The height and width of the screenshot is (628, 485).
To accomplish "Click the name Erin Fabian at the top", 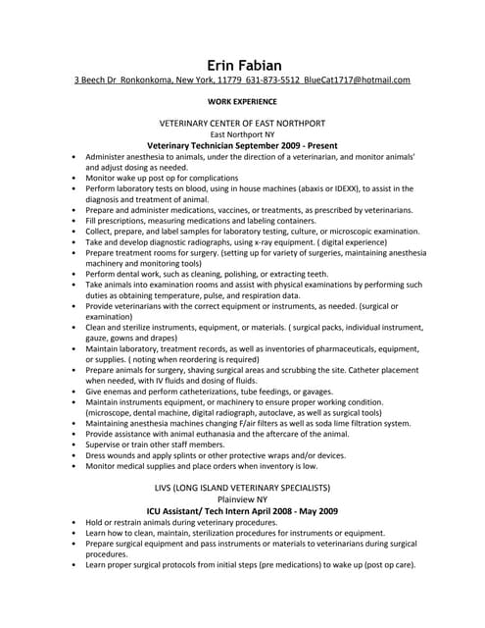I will pyautogui.click(x=242, y=65).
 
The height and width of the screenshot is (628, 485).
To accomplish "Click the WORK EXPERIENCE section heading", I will pyautogui.click(x=242, y=101).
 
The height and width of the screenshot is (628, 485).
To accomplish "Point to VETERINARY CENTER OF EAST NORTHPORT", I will pyautogui.click(x=242, y=123).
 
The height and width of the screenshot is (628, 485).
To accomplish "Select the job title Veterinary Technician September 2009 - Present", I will pyautogui.click(x=242, y=145).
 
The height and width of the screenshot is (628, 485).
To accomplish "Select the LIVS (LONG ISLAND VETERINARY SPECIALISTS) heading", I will pyautogui.click(x=242, y=488).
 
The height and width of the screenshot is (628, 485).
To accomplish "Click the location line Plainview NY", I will pyautogui.click(x=242, y=499).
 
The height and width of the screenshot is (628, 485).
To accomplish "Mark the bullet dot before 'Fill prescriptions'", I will pyautogui.click(x=75, y=222).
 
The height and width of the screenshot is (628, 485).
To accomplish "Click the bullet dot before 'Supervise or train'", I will pyautogui.click(x=75, y=445).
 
